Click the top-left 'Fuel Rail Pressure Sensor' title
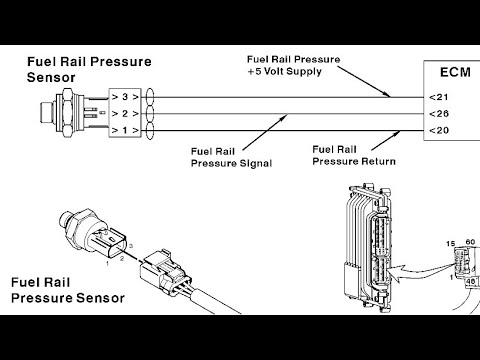[94, 69]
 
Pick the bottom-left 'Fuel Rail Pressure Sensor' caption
[70, 290]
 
